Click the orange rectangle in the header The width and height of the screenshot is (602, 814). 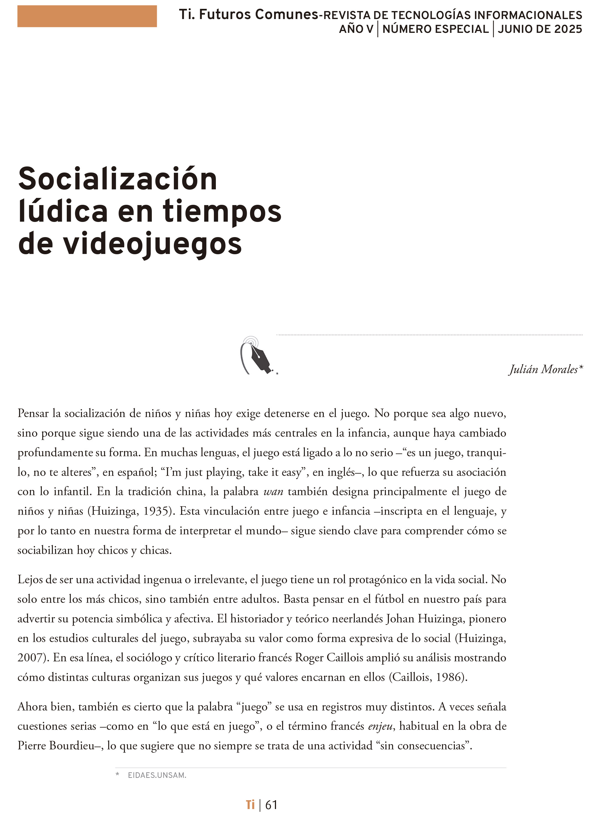point(87,16)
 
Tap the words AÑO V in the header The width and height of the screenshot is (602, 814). point(356,29)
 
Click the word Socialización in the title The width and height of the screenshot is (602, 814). point(118,179)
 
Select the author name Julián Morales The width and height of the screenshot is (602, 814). point(543,370)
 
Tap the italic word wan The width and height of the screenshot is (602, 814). point(273,492)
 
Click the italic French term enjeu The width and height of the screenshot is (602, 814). point(380,726)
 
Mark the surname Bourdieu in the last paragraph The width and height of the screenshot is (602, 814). point(71,746)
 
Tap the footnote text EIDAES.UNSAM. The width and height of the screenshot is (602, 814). point(157,775)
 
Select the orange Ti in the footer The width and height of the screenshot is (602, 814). point(250,805)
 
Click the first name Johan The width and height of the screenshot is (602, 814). point(400,619)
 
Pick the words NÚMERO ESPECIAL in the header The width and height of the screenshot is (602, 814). point(436,29)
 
